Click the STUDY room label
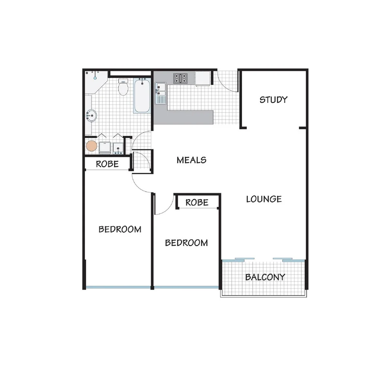click(x=273, y=99)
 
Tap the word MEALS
click(x=191, y=160)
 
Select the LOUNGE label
click(x=264, y=199)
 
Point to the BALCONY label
click(x=265, y=277)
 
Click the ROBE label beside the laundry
click(x=107, y=164)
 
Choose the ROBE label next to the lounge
click(x=197, y=202)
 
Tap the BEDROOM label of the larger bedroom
click(x=120, y=229)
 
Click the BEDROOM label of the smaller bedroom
click(x=186, y=242)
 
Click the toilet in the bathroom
click(x=123, y=87)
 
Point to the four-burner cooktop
click(x=180, y=78)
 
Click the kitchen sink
click(x=160, y=93)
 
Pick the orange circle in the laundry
click(x=91, y=146)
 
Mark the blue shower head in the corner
click(x=95, y=78)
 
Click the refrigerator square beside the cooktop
click(x=203, y=78)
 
